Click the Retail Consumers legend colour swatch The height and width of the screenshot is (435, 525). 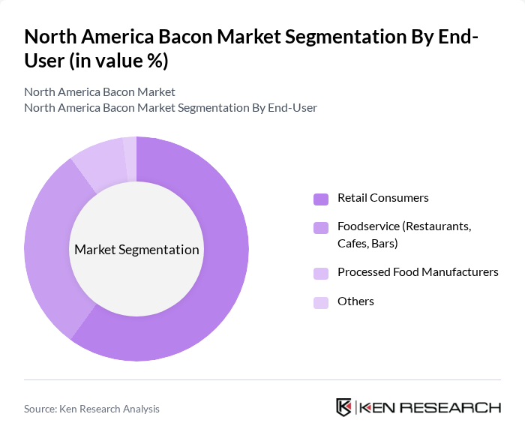[x=321, y=199]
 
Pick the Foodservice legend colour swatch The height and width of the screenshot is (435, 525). [x=321, y=226]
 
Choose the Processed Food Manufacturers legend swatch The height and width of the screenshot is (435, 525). [x=321, y=273]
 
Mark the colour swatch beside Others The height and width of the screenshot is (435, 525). [x=321, y=302]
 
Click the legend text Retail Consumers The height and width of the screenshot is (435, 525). [x=382, y=198]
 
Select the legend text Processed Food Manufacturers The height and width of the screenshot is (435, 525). [x=418, y=272]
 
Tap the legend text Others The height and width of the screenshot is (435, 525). [x=355, y=301]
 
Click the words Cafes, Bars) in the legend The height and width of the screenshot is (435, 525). [x=367, y=244]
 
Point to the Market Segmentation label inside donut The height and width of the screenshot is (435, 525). [x=136, y=250]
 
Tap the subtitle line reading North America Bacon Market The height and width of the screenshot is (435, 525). [x=100, y=91]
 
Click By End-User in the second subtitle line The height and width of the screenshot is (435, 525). [x=284, y=107]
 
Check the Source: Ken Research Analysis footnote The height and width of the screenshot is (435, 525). [x=91, y=409]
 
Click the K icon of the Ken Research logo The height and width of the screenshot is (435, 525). [x=344, y=407]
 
